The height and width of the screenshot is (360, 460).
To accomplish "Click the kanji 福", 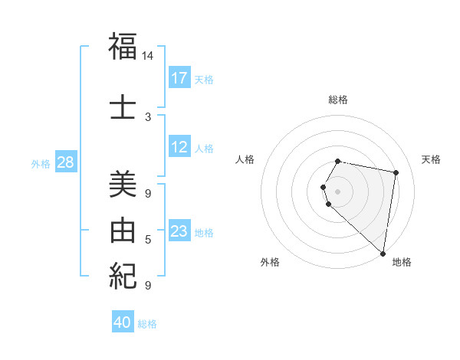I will coord(123,47).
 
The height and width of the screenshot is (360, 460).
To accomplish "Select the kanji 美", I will coord(123,184).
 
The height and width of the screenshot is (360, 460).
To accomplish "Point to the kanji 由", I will coord(123,229).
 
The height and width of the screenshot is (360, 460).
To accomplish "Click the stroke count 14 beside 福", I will coord(148,56).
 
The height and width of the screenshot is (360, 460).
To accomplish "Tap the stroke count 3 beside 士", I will coord(148,117).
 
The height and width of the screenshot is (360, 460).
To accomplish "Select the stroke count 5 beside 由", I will coord(148,239).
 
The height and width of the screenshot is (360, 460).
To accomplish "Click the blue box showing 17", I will coord(179,77).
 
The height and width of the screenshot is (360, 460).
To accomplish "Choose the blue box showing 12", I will coord(179,147).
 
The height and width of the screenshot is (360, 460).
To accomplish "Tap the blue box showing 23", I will coord(179,231).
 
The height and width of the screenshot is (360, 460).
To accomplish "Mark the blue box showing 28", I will coord(65,162).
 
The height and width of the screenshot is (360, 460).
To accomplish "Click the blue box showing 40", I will coord(123,322).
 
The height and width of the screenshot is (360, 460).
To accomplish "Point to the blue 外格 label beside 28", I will coord(41,163).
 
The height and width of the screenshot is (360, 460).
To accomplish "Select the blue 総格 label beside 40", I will coord(147,324).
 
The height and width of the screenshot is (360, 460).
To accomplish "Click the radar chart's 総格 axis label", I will coord(338,100).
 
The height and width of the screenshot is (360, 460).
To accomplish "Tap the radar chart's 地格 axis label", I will coord(402,262).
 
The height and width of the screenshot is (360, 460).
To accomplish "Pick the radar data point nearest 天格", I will coord(396,173).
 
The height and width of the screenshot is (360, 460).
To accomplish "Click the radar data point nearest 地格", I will coord(383,253).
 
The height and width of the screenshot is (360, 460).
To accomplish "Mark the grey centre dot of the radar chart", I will coord(338,191).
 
